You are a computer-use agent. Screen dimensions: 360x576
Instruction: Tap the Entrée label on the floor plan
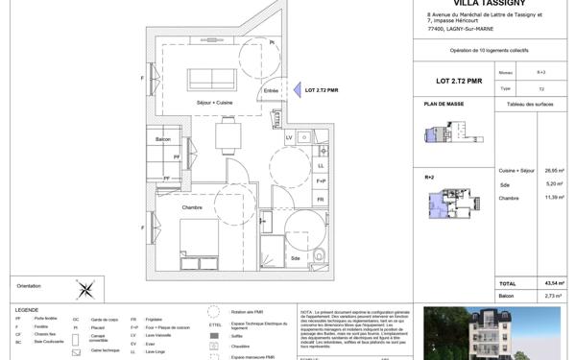[x=271, y=91]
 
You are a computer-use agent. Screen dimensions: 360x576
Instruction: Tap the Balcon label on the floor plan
[x=163, y=141]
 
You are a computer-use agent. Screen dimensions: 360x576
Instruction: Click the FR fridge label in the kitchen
[x=321, y=200]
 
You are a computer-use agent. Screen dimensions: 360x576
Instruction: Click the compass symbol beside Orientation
[x=86, y=286]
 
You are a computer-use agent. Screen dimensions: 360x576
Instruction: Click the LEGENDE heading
[x=26, y=309]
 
